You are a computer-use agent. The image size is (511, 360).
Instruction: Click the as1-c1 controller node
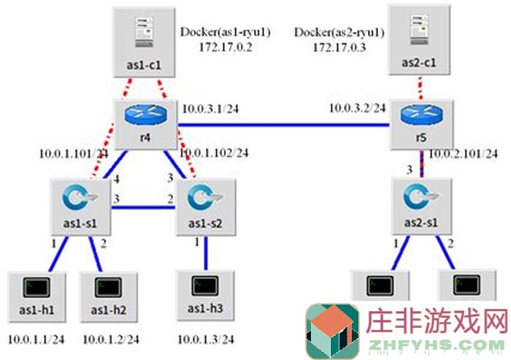[x=145, y=40]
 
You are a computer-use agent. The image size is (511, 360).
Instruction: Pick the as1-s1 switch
[x=82, y=202]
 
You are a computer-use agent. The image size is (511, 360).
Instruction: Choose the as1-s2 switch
[x=205, y=202]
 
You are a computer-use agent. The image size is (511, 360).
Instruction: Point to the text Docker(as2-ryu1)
[x=339, y=33]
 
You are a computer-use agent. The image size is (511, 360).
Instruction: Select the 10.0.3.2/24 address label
[x=358, y=109]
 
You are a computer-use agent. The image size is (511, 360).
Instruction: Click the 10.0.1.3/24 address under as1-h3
[x=207, y=339]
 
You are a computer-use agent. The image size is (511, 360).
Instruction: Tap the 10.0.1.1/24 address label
[x=36, y=339]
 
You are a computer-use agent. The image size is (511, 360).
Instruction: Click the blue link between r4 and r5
[x=285, y=125]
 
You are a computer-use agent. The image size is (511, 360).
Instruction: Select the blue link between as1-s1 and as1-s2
[x=143, y=207]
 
